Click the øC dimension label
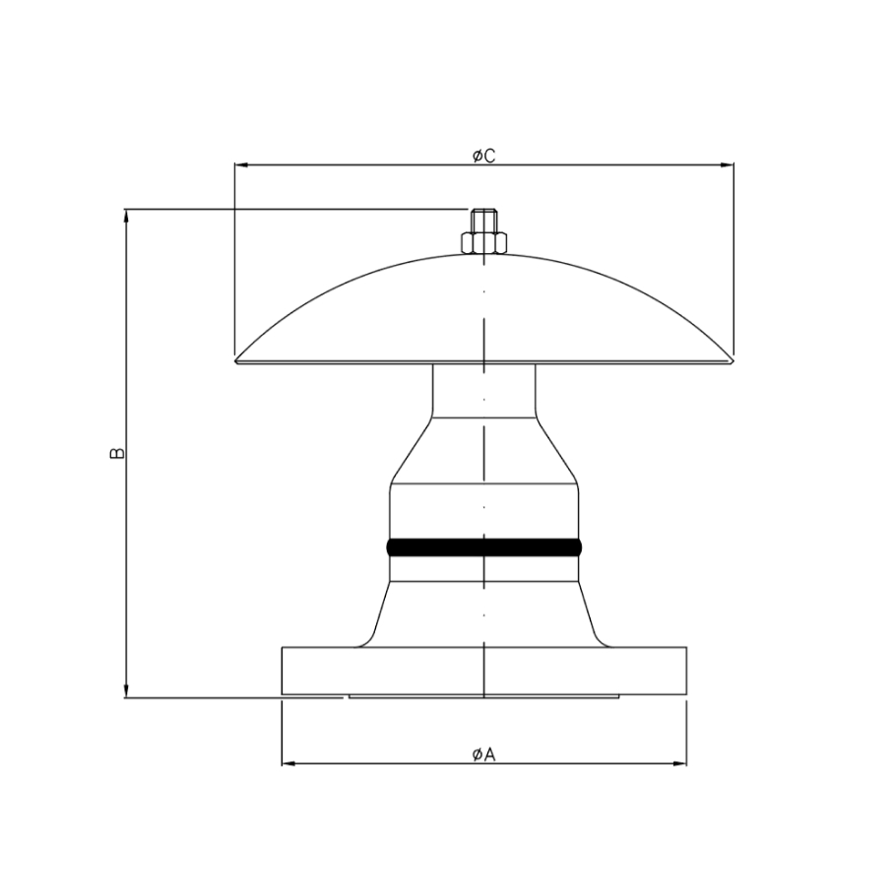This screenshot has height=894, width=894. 484,156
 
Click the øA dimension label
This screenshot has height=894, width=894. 484,754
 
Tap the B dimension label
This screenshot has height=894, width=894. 117,453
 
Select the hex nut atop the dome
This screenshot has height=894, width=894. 484,242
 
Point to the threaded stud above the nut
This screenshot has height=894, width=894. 484,221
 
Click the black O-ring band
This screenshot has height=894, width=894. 484,547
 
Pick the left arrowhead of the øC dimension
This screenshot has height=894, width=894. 242,165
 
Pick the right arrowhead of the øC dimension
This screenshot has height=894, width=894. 727,165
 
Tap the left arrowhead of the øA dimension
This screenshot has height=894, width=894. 289,763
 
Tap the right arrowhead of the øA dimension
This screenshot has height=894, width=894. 679,763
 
